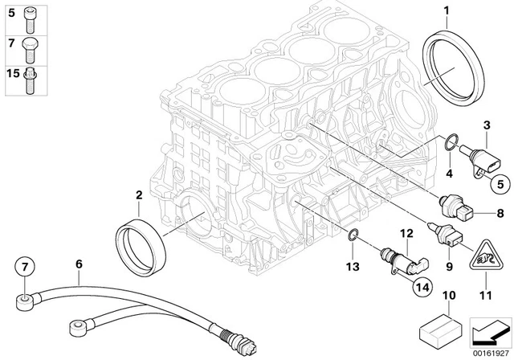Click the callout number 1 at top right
[445, 10]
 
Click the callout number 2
[139, 195]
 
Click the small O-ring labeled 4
[451, 147]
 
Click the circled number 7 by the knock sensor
[24, 265]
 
